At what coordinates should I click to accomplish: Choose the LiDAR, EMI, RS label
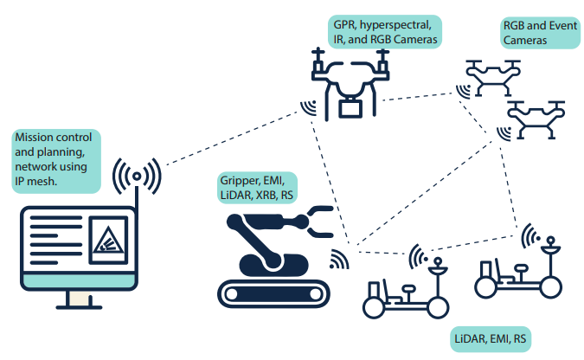(489, 337)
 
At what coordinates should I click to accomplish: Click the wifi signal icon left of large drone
(308, 107)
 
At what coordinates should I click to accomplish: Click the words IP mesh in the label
(35, 183)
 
